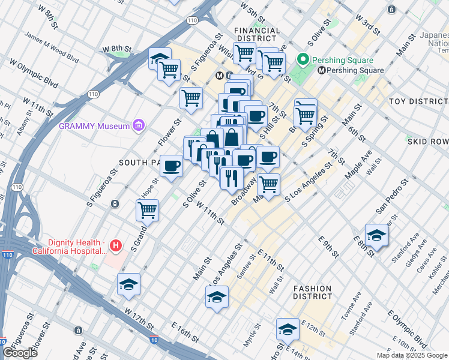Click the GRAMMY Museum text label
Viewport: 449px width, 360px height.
(x=94, y=126)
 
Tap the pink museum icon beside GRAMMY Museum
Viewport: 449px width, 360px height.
(x=139, y=125)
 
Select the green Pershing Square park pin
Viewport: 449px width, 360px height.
(x=304, y=60)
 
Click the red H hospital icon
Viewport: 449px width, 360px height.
(x=116, y=246)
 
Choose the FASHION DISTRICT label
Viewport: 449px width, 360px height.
(x=312, y=292)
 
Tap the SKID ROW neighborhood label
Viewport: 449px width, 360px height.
(x=427, y=141)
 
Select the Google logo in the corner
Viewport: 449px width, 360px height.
(x=20, y=353)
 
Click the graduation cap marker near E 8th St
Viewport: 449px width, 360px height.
(x=376, y=235)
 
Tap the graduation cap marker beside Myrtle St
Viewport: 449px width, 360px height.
(x=288, y=329)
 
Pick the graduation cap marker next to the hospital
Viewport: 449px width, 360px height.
(x=128, y=284)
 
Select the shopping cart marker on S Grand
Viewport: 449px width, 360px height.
(x=147, y=210)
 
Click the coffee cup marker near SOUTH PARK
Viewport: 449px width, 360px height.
(x=172, y=166)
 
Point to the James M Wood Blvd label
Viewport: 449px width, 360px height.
(x=52, y=47)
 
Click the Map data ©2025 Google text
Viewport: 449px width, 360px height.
(x=411, y=355)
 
